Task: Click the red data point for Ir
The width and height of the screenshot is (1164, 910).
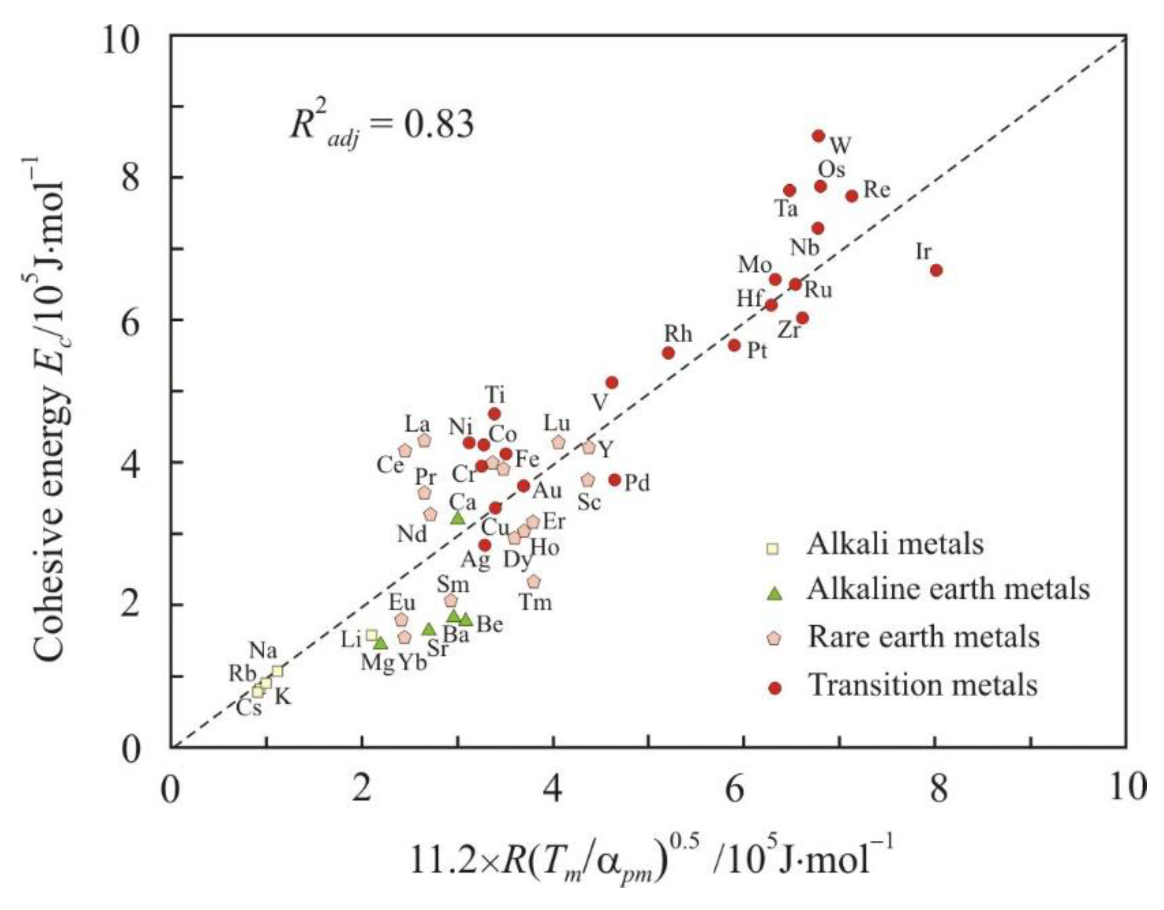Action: pos(936,270)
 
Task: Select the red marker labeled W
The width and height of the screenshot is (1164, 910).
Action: pos(819,136)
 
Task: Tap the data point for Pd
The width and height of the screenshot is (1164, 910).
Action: pos(615,480)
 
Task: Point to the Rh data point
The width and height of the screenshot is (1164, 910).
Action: pos(669,352)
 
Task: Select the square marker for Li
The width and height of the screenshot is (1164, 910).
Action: pos(372,635)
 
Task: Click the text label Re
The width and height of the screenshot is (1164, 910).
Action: pos(877,190)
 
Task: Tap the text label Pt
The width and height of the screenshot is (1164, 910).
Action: pos(757,351)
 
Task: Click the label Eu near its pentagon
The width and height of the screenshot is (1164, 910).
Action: pos(402,603)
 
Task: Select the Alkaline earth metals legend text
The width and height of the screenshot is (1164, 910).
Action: pos(949,590)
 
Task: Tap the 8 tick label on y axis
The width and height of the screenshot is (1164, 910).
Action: pos(131,178)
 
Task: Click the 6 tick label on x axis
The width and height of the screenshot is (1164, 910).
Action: pos(735,789)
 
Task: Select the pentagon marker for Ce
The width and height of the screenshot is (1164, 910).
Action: pos(405,451)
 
